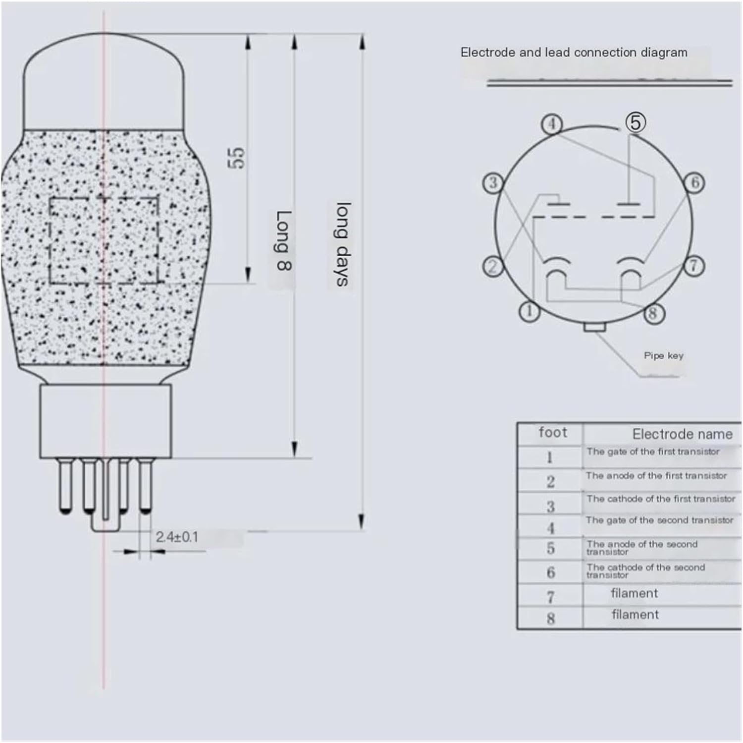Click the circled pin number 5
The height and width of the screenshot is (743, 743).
pos(636,122)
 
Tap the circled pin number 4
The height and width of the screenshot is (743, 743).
pos(552,124)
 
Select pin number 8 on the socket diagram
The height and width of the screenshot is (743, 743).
pos(653,313)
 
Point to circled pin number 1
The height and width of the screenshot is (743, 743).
pos(530,311)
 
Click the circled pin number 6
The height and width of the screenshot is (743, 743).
pos(694,183)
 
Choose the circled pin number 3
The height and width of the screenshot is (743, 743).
pos(493,183)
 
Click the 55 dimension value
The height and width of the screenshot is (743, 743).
pos(237,158)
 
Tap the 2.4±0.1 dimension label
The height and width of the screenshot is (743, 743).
pos(177,537)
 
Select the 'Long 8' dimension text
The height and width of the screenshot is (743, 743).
pos(283,241)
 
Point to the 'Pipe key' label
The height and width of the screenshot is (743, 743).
pos(663,355)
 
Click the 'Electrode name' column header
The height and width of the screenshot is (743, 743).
pos(682,434)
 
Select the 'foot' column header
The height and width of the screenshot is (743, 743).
pos(552,433)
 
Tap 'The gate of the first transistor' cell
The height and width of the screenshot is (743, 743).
pos(653,452)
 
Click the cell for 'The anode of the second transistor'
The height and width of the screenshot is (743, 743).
pos(642,548)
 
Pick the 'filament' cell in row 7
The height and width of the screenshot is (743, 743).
pos(634,593)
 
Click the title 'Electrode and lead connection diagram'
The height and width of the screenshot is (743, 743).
pos(574,53)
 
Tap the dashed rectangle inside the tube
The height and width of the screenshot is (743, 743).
pos(104,240)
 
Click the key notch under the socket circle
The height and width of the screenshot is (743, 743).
pos(594,327)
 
